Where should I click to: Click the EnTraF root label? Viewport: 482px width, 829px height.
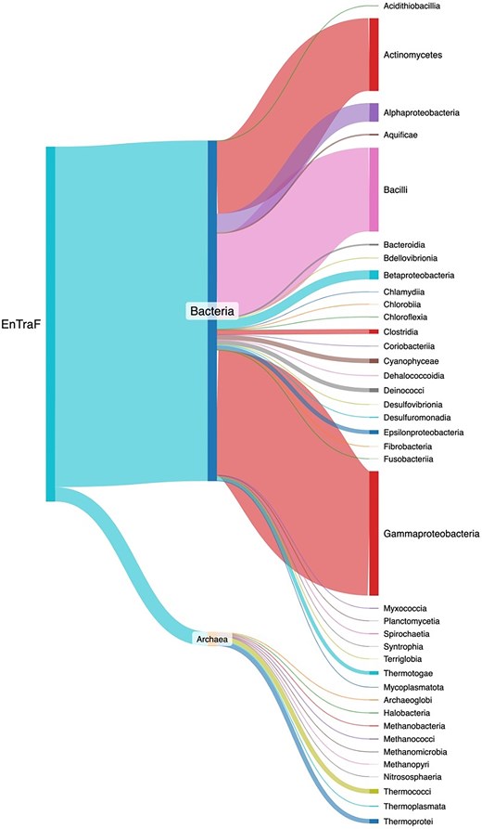coord(22,324)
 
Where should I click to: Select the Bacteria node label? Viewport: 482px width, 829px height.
coord(212,311)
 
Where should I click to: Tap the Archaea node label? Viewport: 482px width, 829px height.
coord(211,639)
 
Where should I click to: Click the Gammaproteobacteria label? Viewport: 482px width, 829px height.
coord(431,535)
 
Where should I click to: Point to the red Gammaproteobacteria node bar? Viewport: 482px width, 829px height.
coord(374,533)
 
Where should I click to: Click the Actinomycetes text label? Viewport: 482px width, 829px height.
coord(412,56)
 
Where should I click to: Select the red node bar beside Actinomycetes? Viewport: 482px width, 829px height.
coord(374,56)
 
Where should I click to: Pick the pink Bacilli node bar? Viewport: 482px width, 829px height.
coord(374,188)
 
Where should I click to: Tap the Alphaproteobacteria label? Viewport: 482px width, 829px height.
coord(422,112)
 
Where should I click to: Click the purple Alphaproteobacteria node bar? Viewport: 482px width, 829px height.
coord(374,112)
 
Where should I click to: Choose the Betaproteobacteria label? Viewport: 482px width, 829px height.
coord(418,276)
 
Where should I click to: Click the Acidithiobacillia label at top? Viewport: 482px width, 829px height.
coord(412,6)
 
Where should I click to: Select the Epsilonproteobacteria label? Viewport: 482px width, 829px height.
coord(423,432)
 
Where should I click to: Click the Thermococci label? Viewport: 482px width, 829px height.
coord(407,791)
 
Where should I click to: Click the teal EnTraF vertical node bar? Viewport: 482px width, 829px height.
coord(51,324)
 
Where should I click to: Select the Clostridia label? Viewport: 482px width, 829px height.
coord(404,331)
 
